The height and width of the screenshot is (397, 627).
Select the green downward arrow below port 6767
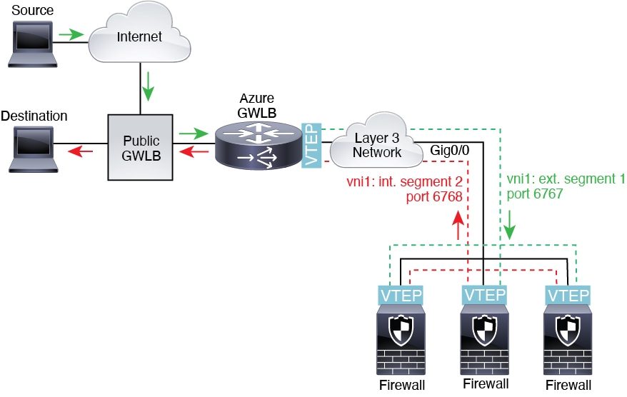tap(511, 228)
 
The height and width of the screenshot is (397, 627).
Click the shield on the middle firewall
tap(484, 331)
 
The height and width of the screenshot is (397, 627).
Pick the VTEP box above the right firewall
tap(568, 295)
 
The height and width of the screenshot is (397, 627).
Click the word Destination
tap(35, 116)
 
